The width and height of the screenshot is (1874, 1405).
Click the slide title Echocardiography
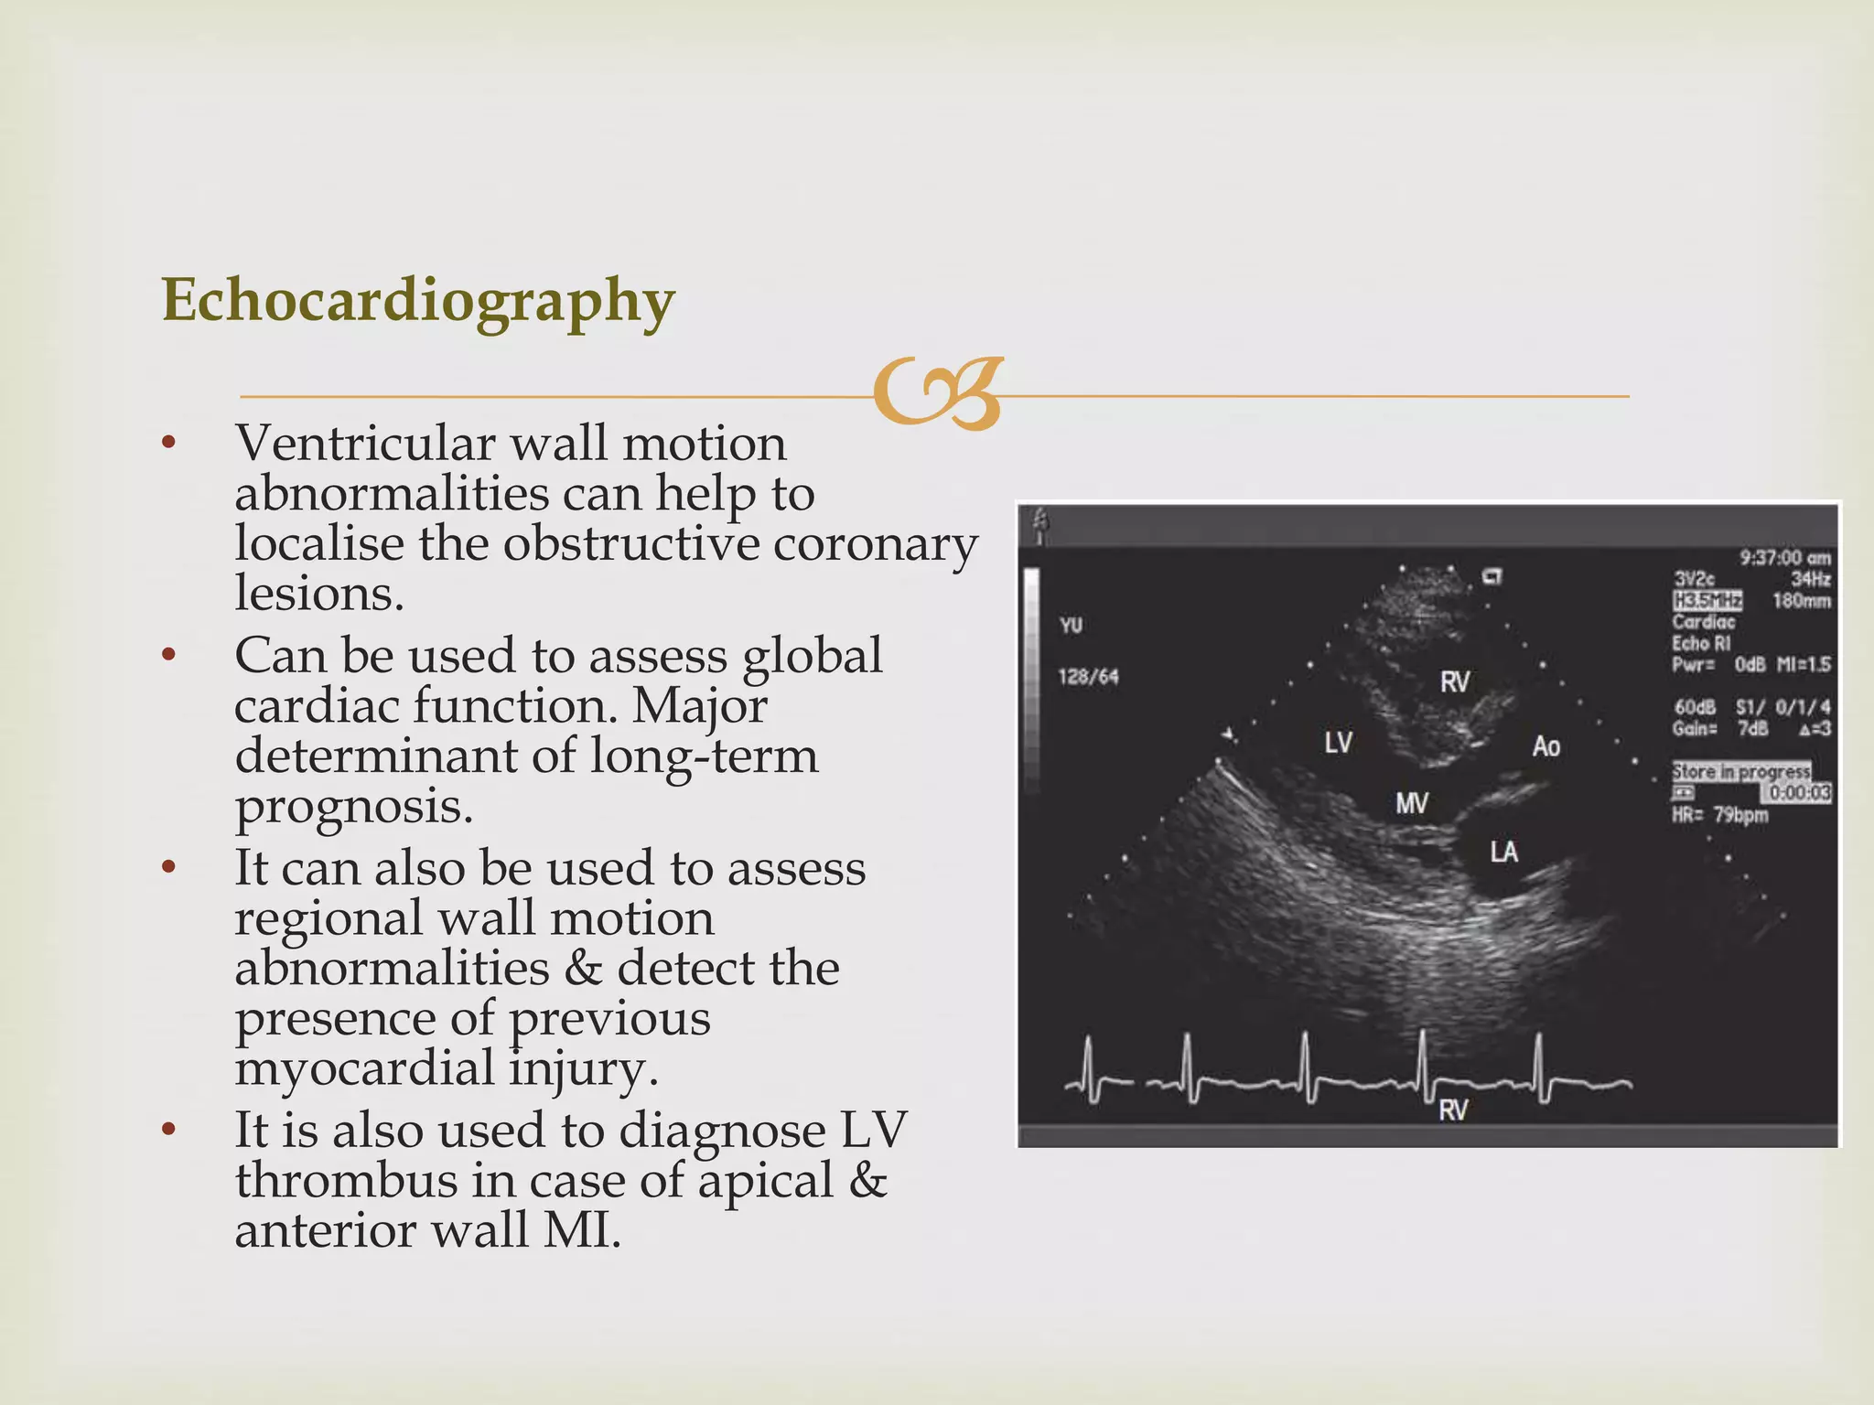tap(418, 300)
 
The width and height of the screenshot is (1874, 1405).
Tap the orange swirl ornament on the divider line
tap(939, 393)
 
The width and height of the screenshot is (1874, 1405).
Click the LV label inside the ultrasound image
tap(1338, 742)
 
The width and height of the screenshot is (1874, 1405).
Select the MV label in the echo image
tap(1412, 804)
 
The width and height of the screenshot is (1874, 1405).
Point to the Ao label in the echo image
tap(1546, 747)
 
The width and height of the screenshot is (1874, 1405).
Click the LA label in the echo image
tap(1503, 853)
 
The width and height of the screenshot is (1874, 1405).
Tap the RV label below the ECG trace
tap(1453, 1110)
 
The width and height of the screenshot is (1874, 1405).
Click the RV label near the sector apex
tap(1455, 681)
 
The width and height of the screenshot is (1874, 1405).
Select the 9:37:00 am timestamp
tap(1784, 558)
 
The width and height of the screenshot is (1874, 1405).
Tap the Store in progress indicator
tap(1741, 771)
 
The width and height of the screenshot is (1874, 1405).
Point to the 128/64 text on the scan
tap(1088, 677)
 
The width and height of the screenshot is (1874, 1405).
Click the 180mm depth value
tap(1802, 601)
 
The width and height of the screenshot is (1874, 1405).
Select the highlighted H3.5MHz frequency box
tap(1707, 601)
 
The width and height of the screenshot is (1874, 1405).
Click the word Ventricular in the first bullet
tap(365, 445)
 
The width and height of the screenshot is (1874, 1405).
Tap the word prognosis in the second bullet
tap(354, 807)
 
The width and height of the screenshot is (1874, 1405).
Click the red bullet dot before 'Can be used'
tap(167, 655)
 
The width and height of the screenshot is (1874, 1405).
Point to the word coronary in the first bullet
tap(876, 544)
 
